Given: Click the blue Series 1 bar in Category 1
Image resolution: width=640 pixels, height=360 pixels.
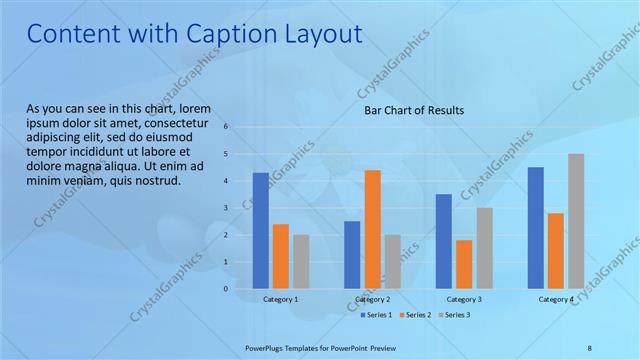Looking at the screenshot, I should tap(261, 231).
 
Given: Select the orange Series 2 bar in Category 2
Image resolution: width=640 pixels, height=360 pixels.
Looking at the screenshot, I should tap(372, 229).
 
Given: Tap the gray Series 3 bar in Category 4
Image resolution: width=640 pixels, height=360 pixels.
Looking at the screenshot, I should tap(576, 221).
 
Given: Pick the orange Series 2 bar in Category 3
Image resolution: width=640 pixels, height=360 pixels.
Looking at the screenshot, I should tap(464, 264).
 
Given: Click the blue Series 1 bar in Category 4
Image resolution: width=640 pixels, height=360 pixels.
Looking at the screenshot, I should tap(536, 228).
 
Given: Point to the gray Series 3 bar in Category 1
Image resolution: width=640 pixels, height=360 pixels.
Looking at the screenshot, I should tap(301, 262).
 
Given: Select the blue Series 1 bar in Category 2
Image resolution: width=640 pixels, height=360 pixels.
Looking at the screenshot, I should tap(352, 255).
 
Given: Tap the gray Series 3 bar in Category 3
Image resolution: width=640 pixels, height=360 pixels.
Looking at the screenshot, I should tap(484, 248).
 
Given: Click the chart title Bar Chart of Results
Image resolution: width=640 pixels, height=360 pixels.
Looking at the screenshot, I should tap(414, 110).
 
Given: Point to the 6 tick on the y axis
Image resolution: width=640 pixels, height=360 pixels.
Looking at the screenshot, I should tap(227, 127).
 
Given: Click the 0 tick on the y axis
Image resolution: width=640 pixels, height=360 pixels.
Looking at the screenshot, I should tap(227, 289).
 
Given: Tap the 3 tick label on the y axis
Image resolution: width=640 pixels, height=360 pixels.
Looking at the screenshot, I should tap(227, 208).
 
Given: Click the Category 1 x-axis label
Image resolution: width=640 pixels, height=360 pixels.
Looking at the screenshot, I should tap(281, 299).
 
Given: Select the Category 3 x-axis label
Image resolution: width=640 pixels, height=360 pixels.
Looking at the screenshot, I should tap(464, 299).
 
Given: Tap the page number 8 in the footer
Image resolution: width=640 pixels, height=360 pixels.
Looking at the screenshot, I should tap(589, 346).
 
